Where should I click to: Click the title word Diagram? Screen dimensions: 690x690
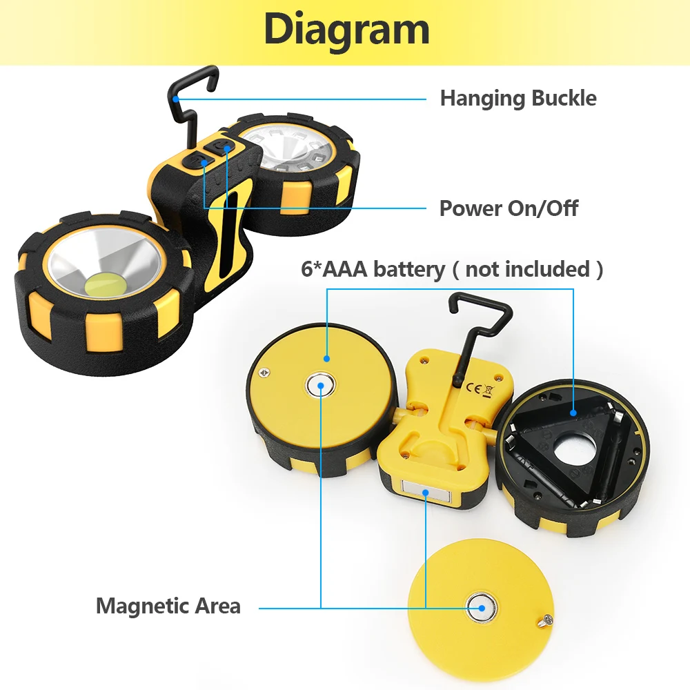click(346, 29)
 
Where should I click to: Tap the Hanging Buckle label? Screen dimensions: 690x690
click(518, 98)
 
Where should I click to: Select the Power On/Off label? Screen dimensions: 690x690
click(509, 208)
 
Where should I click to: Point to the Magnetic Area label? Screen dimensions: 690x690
click(168, 606)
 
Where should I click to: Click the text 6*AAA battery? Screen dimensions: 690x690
click(373, 268)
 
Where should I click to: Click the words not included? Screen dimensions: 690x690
click(528, 268)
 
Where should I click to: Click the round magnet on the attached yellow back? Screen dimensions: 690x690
click(320, 385)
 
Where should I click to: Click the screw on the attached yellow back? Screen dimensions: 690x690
click(263, 373)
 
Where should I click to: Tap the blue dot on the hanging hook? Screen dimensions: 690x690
click(177, 99)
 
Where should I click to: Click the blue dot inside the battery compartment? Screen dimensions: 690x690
click(573, 413)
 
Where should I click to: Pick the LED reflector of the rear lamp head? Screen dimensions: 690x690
click(290, 148)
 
